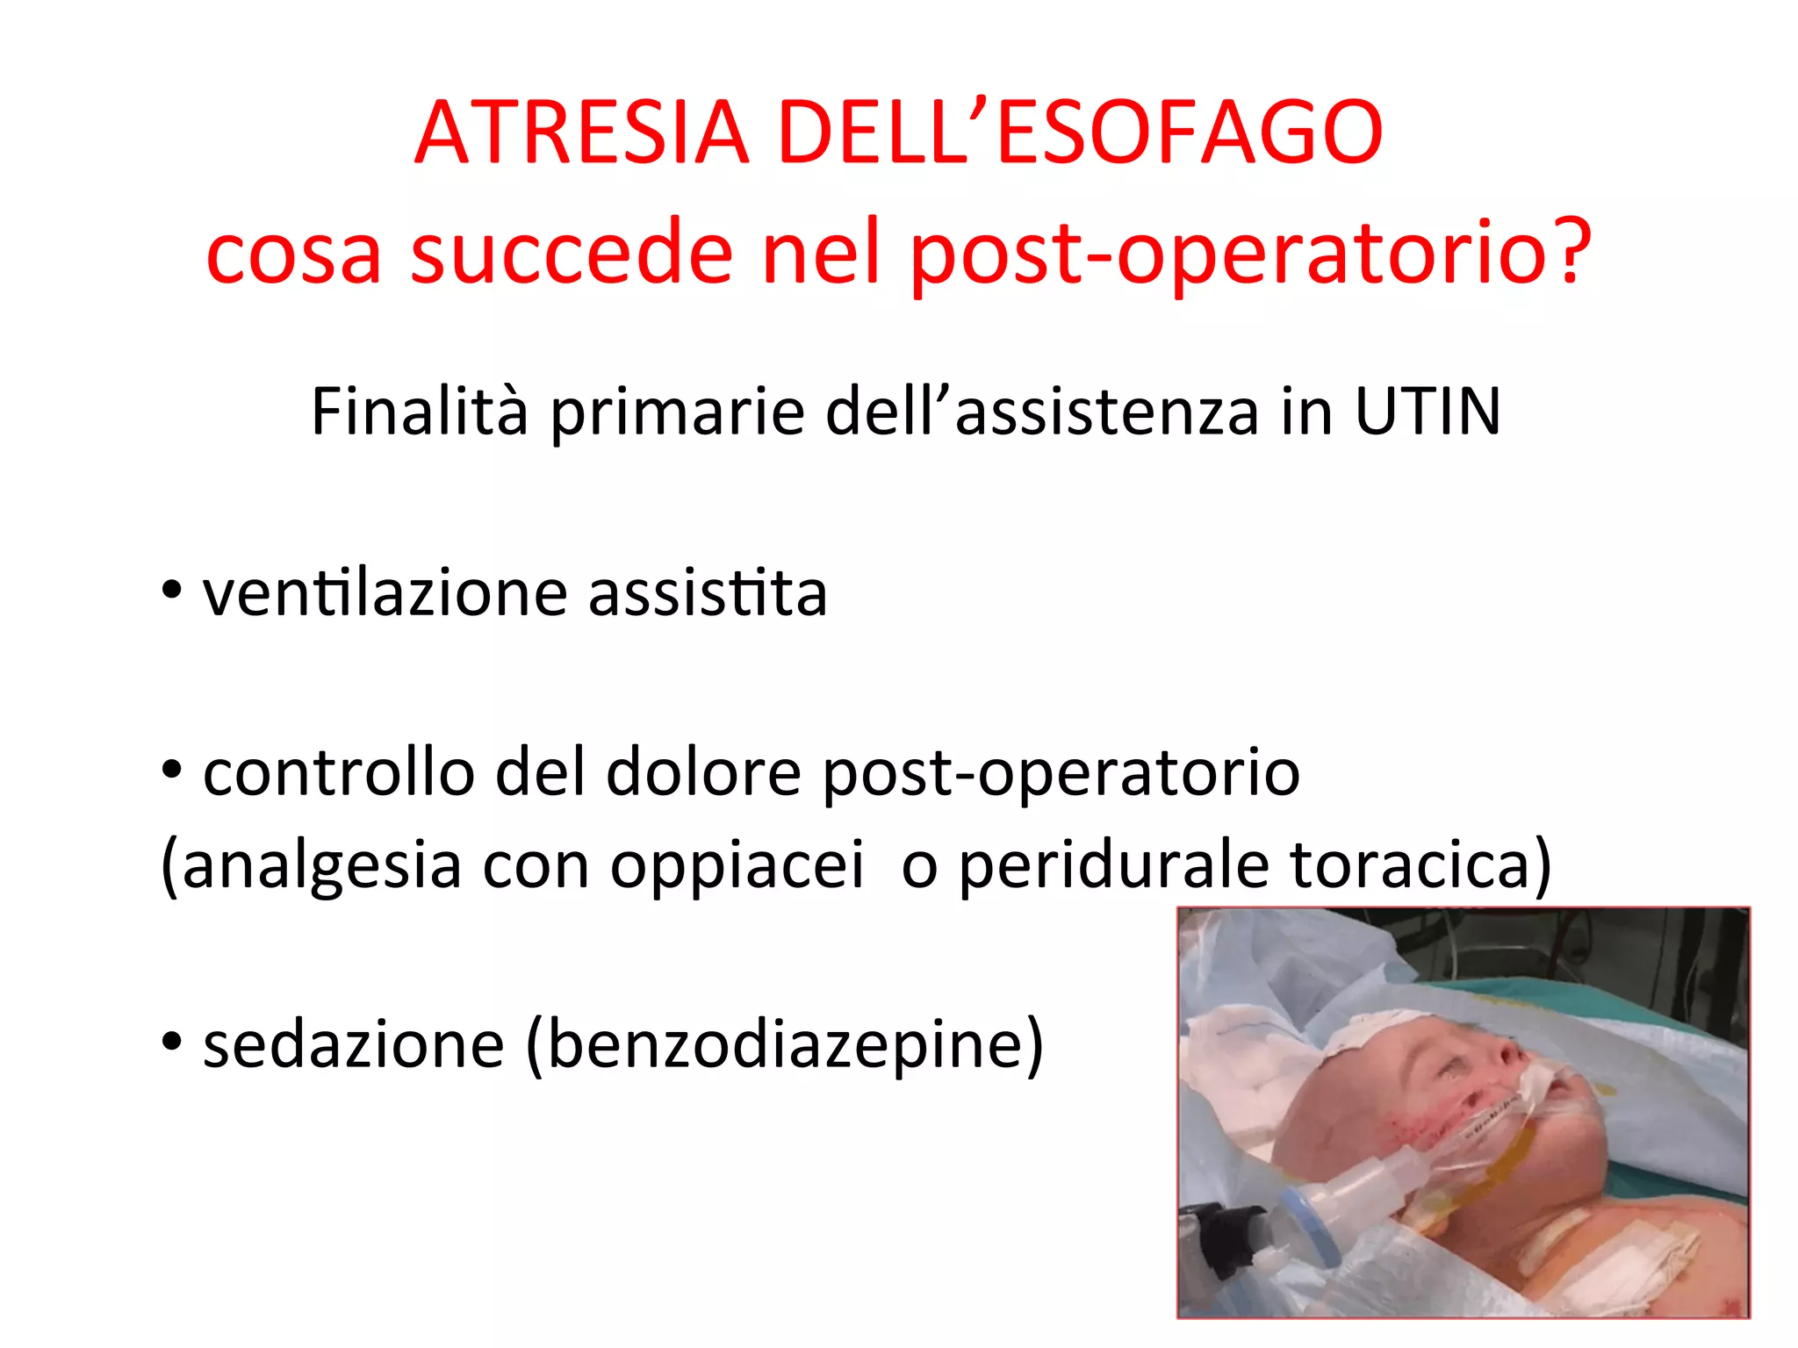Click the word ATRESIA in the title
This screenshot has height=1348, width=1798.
(581, 133)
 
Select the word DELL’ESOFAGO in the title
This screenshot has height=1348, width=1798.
(1081, 133)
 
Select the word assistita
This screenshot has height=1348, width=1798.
(708, 593)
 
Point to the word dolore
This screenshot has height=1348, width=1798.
(703, 772)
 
